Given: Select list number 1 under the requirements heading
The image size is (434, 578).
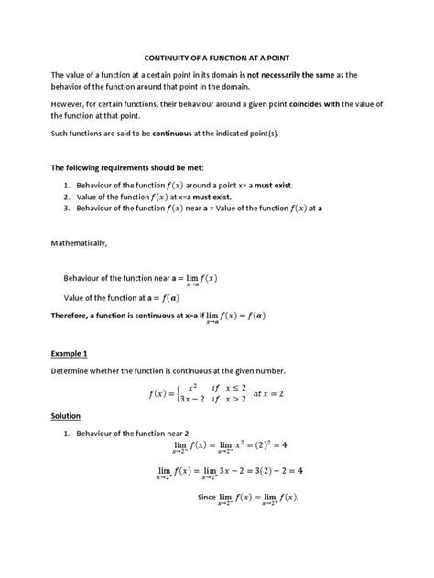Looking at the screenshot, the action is coord(67,185).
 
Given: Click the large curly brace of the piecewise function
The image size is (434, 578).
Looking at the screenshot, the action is coord(186,394).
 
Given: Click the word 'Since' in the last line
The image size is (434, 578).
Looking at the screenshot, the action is coord(208,498).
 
